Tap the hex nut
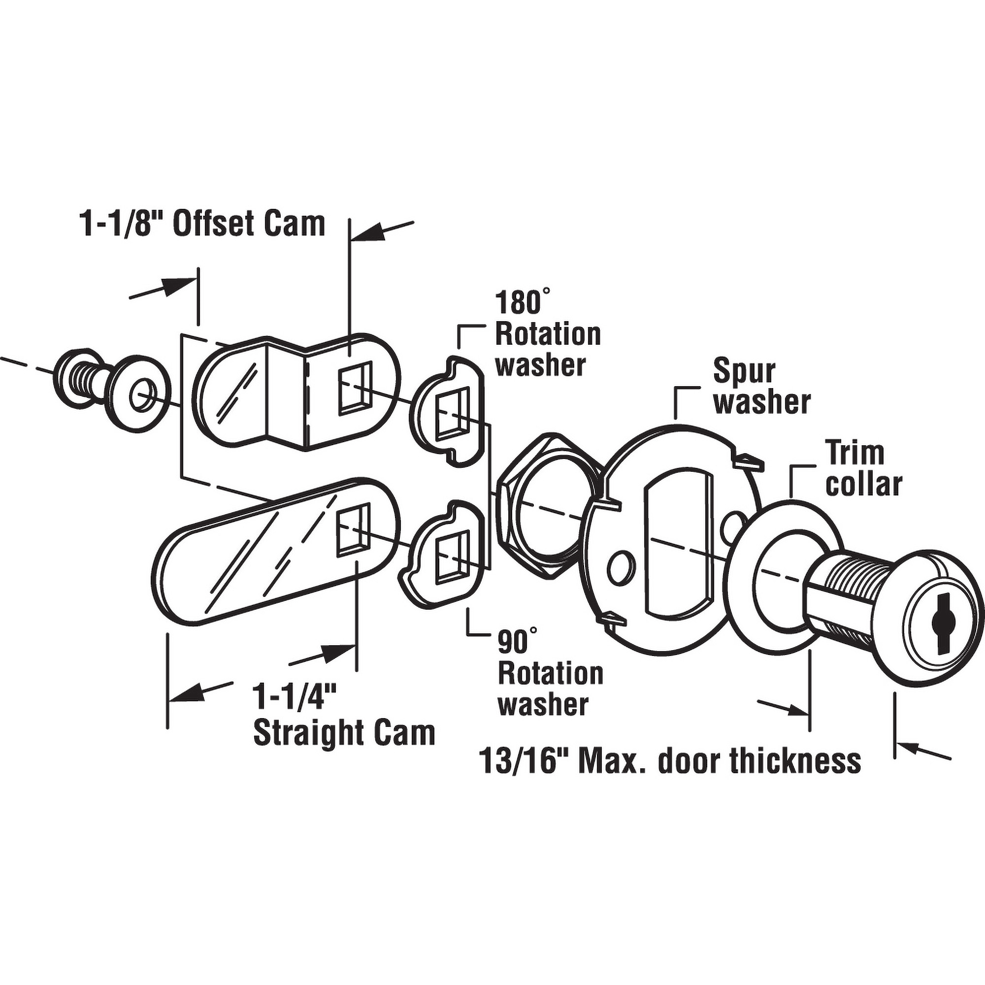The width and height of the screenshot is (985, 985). pos(545,506)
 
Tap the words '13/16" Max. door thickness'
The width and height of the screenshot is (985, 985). pos(671,762)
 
